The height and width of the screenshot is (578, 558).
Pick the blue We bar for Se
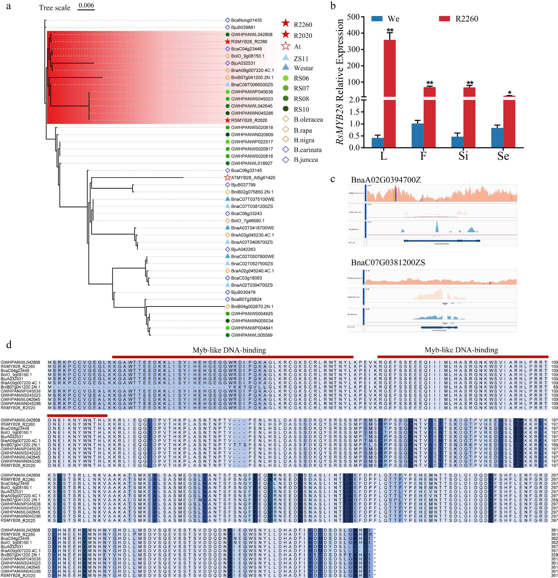pos(497,137)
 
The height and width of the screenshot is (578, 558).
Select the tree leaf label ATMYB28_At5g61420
pos(253,178)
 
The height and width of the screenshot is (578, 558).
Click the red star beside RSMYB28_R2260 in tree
pos(227,42)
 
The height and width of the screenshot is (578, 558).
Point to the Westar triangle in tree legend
pos(285,67)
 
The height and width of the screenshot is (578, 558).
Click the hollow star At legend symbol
pos(285,46)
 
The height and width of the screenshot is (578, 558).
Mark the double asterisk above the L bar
pos(390,30)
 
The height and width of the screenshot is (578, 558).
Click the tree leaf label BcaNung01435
pos(246,20)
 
